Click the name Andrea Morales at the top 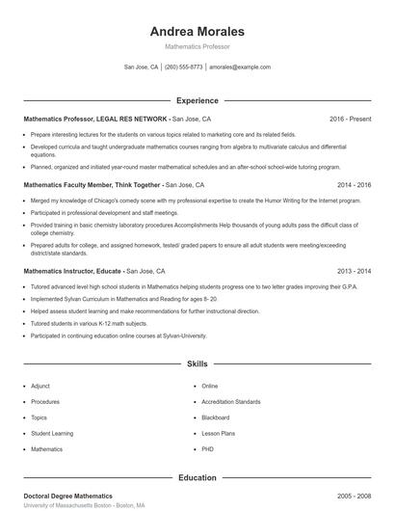(x=197, y=31)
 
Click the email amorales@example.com (x=239, y=67)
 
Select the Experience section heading (x=197, y=100)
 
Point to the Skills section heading (x=197, y=364)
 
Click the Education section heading (x=197, y=477)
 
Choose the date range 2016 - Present (x=350, y=119)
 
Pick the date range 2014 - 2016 (x=354, y=183)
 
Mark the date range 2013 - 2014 (x=354, y=272)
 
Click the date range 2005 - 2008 (x=354, y=496)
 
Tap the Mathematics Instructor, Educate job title (x=73, y=272)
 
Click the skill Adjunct (x=40, y=386)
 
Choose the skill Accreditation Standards (x=230, y=401)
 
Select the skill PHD (x=208, y=449)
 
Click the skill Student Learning (x=51, y=434)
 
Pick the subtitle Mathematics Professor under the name (x=197, y=46)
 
